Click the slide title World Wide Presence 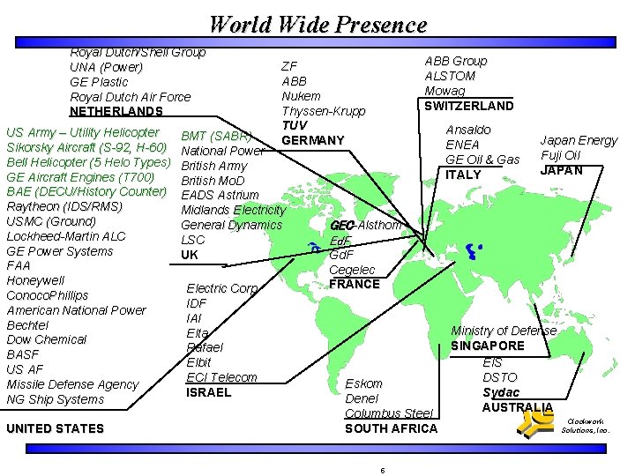click(317, 24)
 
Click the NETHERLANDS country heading click(116, 112)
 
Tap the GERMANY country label click(313, 141)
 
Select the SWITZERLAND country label click(468, 106)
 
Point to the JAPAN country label click(561, 170)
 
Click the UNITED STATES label click(55, 429)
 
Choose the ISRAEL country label click(208, 392)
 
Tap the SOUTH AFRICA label click(391, 428)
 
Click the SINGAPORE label click(488, 346)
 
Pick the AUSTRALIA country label click(517, 407)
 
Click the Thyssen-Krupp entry click(324, 111)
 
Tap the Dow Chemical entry click(46, 339)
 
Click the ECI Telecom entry click(221, 377)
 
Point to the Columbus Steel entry click(389, 413)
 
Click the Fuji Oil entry click(561, 155)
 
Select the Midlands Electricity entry click(233, 210)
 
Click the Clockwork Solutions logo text click(586, 427)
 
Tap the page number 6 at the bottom click(382, 470)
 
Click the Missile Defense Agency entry click(72, 384)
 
